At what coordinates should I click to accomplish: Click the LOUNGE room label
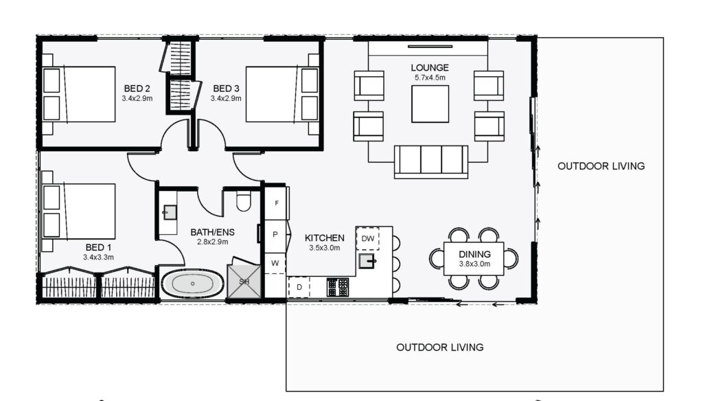[430, 68]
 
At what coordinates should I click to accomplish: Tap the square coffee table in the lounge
[430, 104]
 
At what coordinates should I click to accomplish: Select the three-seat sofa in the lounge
[431, 161]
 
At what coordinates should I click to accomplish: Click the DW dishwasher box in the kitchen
[368, 239]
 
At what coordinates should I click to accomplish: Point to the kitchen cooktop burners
[338, 287]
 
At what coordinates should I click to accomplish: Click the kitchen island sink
[367, 261]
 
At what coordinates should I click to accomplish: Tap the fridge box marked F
[276, 203]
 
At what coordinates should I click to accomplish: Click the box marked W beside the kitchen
[275, 263]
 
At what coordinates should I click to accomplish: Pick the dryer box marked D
[299, 287]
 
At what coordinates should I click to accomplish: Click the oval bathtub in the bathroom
[192, 284]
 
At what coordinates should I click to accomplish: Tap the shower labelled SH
[244, 282]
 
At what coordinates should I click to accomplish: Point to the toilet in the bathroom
[243, 201]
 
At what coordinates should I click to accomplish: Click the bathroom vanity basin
[170, 212]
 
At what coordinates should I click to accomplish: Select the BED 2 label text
[137, 89]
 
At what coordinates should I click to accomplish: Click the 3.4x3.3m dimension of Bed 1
[98, 257]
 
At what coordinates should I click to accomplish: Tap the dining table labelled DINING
[474, 259]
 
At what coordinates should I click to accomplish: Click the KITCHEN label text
[325, 238]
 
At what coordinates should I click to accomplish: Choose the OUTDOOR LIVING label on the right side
[601, 166]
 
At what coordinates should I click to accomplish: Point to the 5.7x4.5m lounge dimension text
[430, 78]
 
